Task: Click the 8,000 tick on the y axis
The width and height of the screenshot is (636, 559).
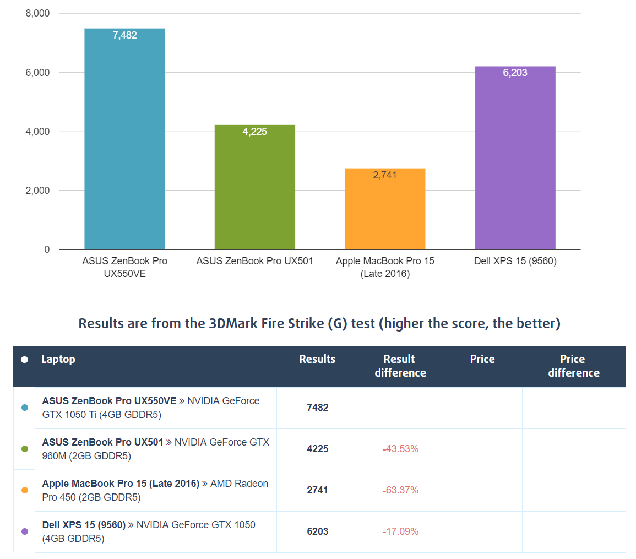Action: pos(37,13)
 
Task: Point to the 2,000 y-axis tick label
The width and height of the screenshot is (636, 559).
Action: pos(37,191)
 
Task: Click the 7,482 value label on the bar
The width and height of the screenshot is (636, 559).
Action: pos(124,35)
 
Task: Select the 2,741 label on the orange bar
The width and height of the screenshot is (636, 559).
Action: pos(385,175)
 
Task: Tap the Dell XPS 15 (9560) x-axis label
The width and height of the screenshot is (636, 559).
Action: pos(515,261)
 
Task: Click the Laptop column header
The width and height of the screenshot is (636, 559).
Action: pos(58,359)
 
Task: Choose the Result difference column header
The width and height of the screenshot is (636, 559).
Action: pos(400,366)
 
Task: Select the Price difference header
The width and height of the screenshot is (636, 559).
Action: pos(573,366)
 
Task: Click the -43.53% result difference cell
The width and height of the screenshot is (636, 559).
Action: pos(400,449)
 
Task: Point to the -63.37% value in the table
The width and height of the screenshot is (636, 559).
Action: pos(400,490)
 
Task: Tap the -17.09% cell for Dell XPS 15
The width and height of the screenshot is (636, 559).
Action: pos(400,531)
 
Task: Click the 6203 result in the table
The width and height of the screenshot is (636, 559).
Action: pos(317,531)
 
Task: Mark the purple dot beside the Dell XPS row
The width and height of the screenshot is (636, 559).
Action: pos(24,531)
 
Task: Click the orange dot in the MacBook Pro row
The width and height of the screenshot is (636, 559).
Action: pos(24,490)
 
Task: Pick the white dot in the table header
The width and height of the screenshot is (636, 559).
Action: pos(24,360)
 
